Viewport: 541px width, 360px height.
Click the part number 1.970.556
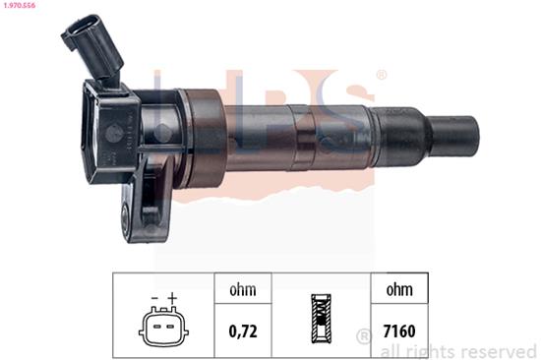pyautogui.click(x=21, y=8)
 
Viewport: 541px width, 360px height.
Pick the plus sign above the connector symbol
pyautogui.click(x=171, y=298)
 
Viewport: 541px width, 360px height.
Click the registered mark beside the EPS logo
pyautogui.click(x=381, y=75)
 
